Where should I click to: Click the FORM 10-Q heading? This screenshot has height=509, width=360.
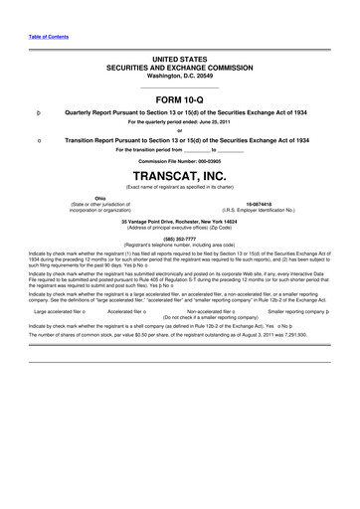tap(179, 100)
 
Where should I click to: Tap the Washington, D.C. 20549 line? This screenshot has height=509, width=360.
tap(179, 77)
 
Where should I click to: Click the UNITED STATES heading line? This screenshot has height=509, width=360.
tap(179, 61)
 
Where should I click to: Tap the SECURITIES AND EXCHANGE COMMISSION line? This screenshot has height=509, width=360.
tap(179, 69)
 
